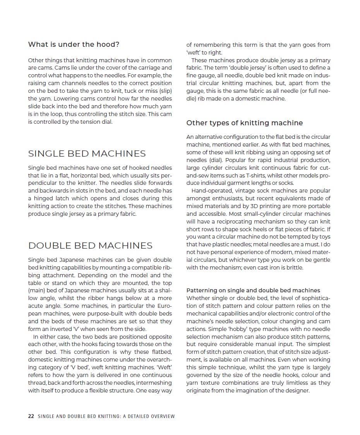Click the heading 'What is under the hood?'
(74, 44)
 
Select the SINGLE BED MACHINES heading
(87, 154)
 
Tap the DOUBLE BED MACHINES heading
(91, 246)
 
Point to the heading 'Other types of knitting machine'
(245, 123)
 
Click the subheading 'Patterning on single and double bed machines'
(253, 290)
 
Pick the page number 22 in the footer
(31, 416)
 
